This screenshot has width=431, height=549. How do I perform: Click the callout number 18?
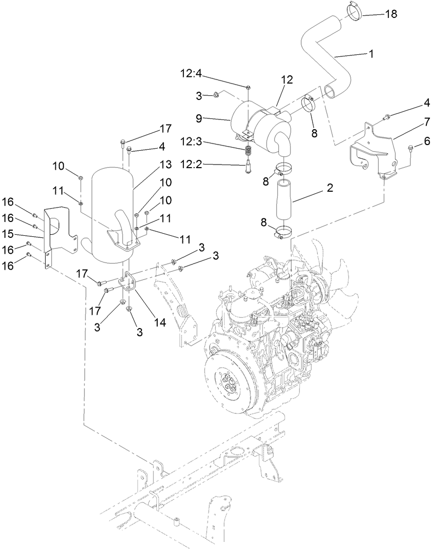(x=391, y=14)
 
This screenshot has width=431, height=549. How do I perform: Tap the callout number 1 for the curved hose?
(x=372, y=53)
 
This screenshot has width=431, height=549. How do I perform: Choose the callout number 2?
(x=329, y=188)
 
